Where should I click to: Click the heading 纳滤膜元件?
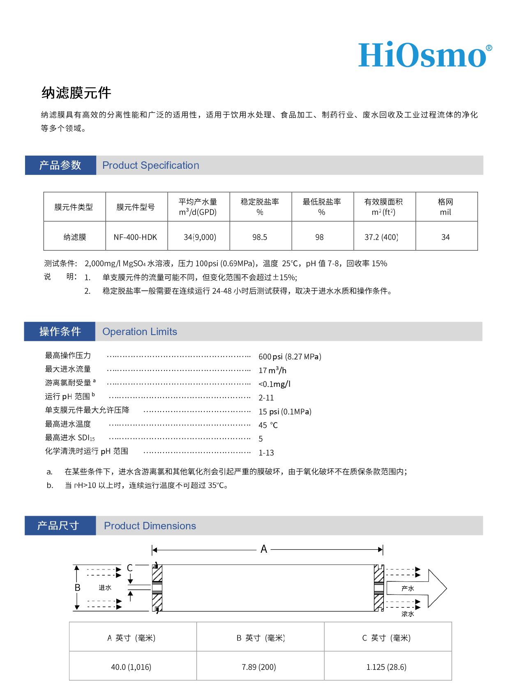pyautogui.click(x=76, y=93)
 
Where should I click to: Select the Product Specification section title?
pyautogui.click(x=150, y=165)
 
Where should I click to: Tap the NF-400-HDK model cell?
pyautogui.click(x=136, y=237)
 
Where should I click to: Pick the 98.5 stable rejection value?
pyautogui.click(x=260, y=237)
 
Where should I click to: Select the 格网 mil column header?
pyautogui.click(x=445, y=207)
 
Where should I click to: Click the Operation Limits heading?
pyautogui.click(x=140, y=332)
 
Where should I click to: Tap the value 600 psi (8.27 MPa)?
pyautogui.click(x=290, y=356)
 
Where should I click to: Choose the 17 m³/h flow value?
pyautogui.click(x=272, y=370)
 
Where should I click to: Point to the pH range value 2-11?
pyautogui.click(x=266, y=397)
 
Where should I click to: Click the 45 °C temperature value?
pyautogui.click(x=268, y=425)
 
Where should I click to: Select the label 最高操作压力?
pyautogui.click(x=68, y=356)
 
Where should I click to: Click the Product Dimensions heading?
pyautogui.click(x=150, y=526)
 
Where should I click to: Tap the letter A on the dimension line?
pyautogui.click(x=264, y=549)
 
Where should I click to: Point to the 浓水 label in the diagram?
pyautogui.click(x=408, y=614)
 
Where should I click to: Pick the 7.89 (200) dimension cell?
pyautogui.click(x=259, y=667)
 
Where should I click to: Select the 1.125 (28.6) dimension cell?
pyautogui.click(x=386, y=667)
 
